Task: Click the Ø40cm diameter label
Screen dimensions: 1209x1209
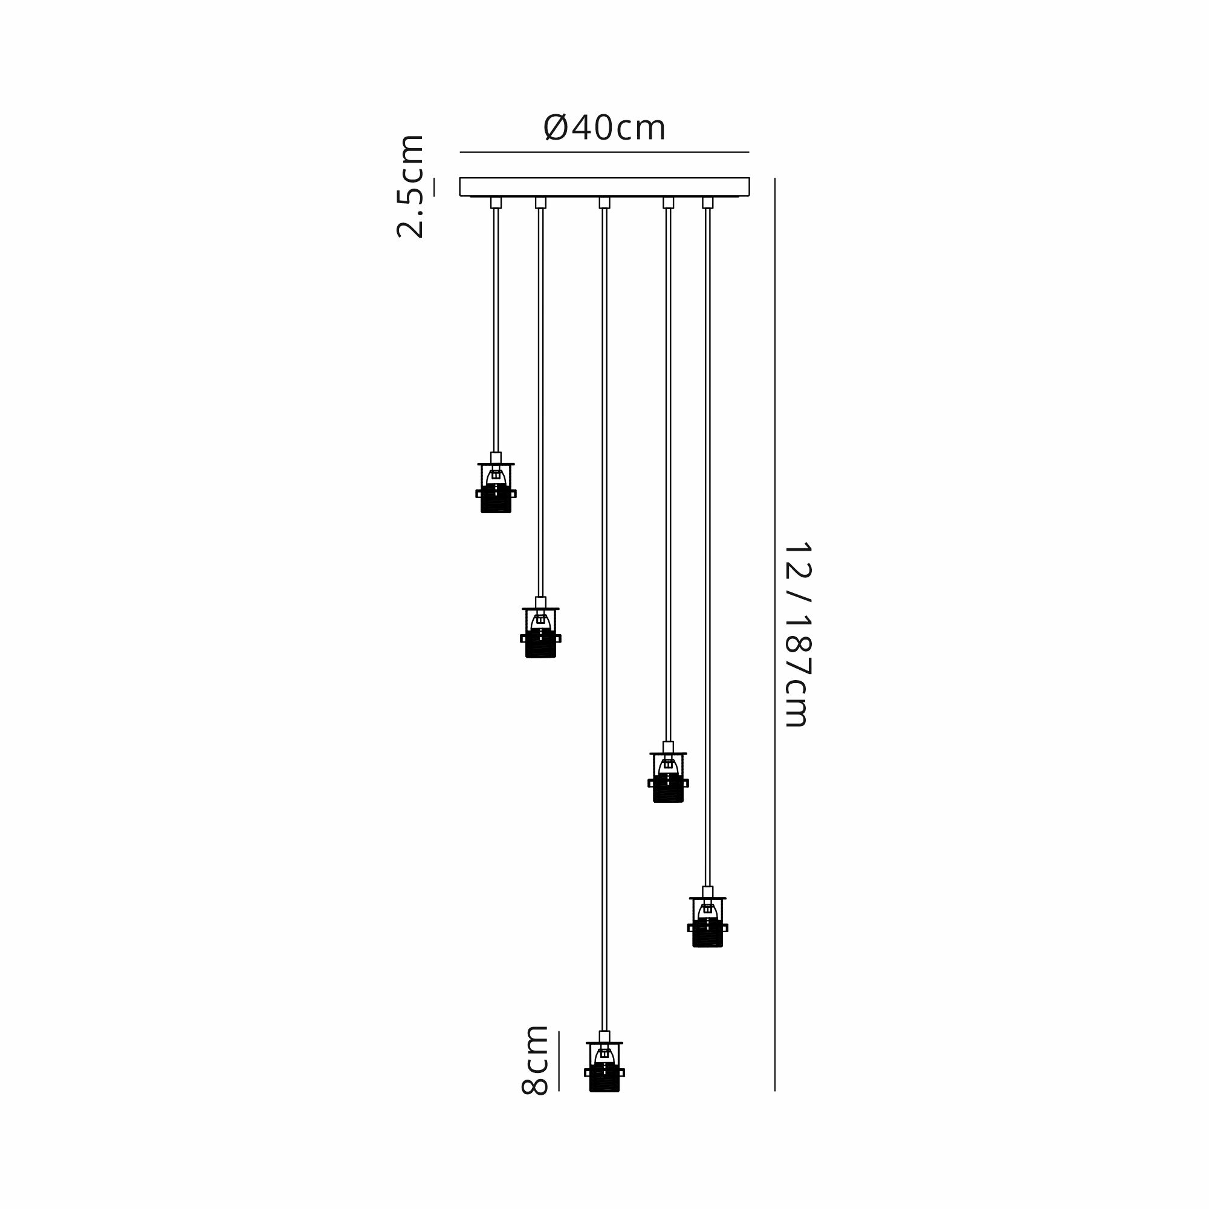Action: coord(604,128)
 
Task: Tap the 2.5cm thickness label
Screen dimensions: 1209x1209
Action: coord(411,186)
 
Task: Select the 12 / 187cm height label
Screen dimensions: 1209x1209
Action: coord(797,634)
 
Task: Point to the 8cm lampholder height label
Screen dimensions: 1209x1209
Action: coord(535,1060)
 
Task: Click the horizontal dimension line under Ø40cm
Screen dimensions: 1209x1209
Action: coord(604,152)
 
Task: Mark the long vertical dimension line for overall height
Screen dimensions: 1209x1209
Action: coord(775,635)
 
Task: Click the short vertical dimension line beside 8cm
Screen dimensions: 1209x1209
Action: coord(559,1062)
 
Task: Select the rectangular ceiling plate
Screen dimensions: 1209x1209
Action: coord(604,187)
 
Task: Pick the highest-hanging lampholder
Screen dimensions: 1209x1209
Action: coord(496,482)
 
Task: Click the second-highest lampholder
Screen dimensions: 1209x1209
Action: coord(540,627)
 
